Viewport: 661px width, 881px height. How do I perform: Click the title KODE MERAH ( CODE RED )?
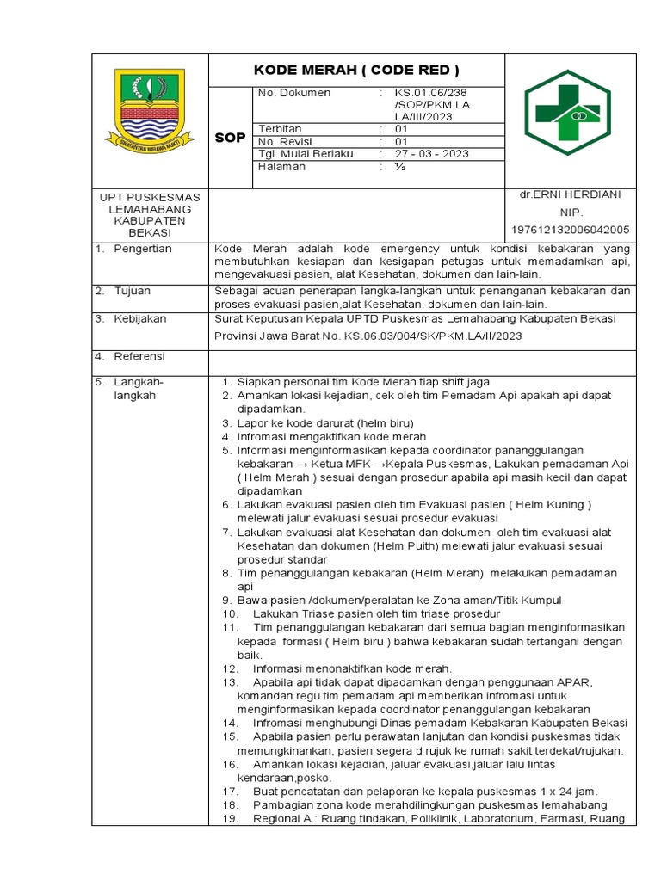(x=356, y=70)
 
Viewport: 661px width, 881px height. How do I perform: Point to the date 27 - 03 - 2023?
(x=431, y=154)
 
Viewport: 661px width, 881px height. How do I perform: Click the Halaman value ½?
(x=400, y=167)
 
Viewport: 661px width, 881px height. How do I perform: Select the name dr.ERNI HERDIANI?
(x=570, y=194)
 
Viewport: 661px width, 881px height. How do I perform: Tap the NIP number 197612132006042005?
(x=570, y=230)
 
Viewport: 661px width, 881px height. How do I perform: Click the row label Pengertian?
(x=143, y=249)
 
